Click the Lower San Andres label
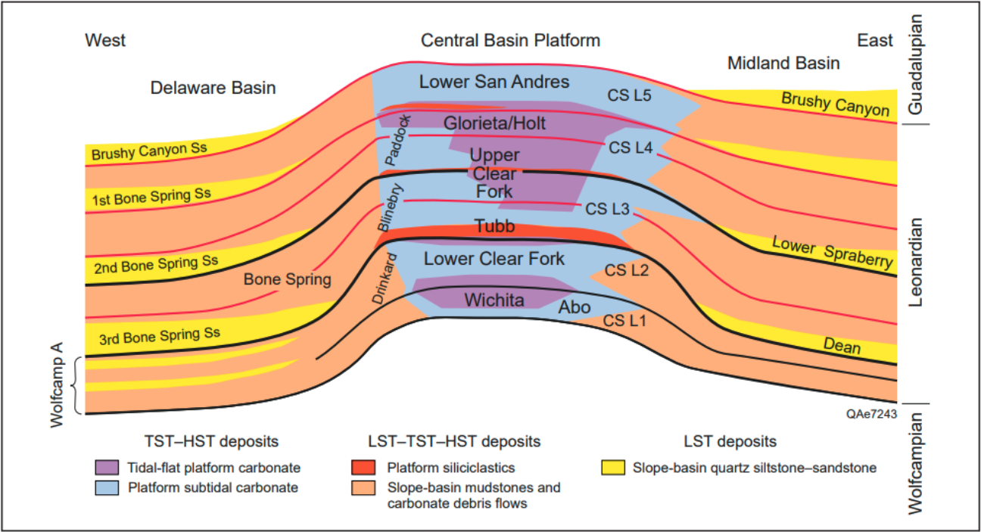pyautogui.click(x=494, y=82)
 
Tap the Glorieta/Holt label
pyautogui.click(x=495, y=123)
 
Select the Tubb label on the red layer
pyautogui.click(x=494, y=226)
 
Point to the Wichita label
pyautogui.click(x=494, y=300)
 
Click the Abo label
pyautogui.click(x=575, y=308)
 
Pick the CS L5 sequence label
pyautogui.click(x=630, y=96)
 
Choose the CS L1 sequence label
pyautogui.click(x=624, y=321)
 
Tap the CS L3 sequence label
pyautogui.click(x=606, y=210)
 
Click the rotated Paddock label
pyautogui.click(x=397, y=141)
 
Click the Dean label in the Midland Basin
pyautogui.click(x=842, y=346)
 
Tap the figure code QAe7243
pyautogui.click(x=873, y=413)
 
